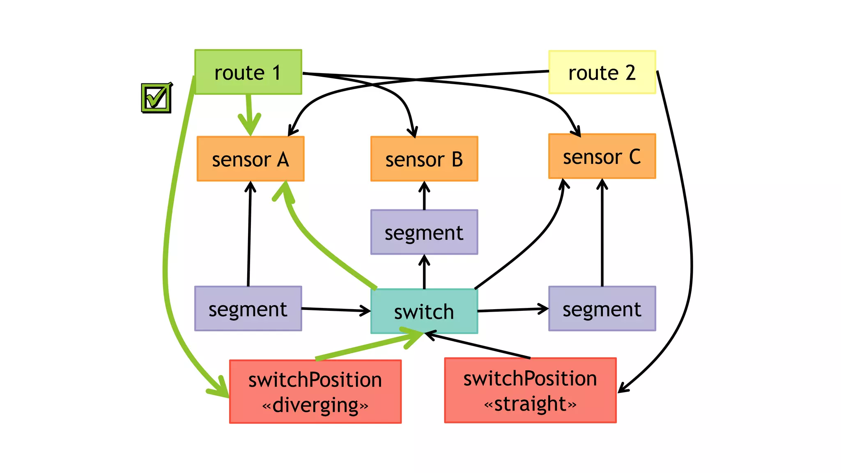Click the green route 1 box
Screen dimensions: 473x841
click(x=248, y=72)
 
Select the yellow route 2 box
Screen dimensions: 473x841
click(x=602, y=72)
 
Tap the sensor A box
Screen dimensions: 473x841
click(x=250, y=159)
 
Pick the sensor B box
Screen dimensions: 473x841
click(x=424, y=159)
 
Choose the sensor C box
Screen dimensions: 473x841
click(x=602, y=156)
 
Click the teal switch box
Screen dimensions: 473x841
click(x=424, y=311)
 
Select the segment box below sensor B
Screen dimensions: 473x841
click(x=424, y=232)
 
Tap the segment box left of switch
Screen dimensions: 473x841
click(x=248, y=309)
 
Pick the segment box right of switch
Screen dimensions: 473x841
click(x=602, y=309)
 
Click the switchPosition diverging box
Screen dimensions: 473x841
click(x=315, y=392)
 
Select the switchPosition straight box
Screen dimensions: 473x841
click(x=530, y=390)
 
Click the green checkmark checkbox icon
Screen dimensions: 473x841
click(x=156, y=98)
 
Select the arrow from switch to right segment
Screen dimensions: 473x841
click(x=513, y=310)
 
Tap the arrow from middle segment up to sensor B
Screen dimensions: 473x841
click(x=424, y=196)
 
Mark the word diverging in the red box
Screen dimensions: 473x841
click(x=315, y=405)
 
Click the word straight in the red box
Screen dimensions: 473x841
click(x=530, y=404)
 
